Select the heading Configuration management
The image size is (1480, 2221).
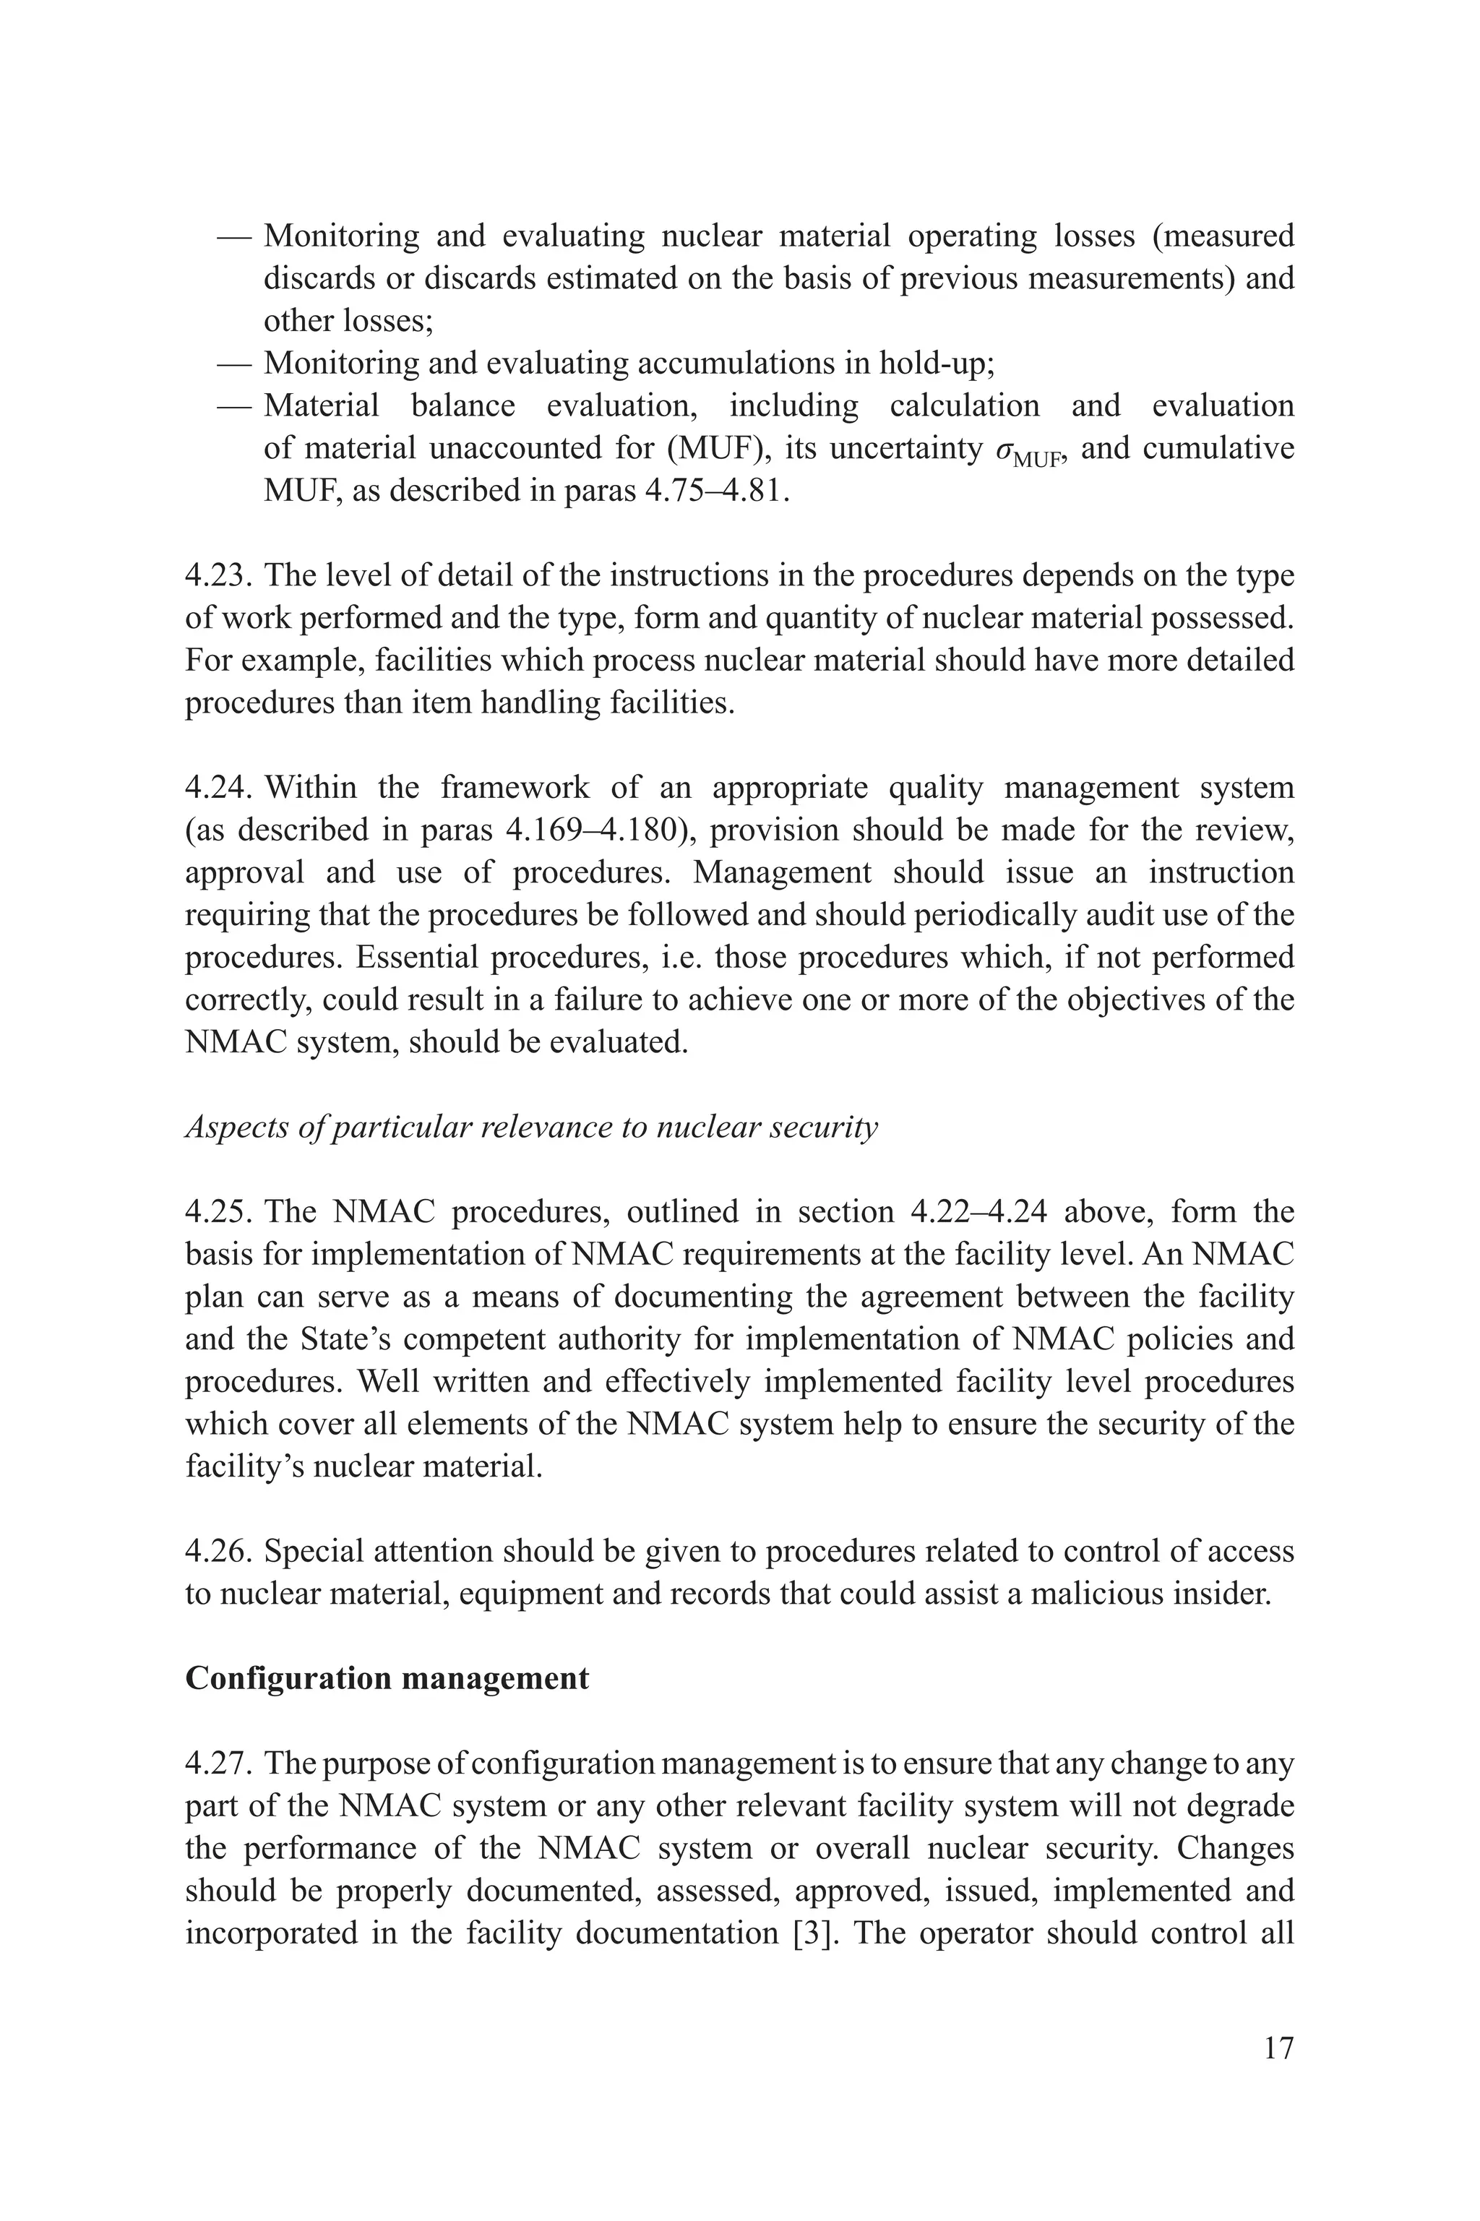[387, 1678]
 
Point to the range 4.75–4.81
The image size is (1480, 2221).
[715, 490]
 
